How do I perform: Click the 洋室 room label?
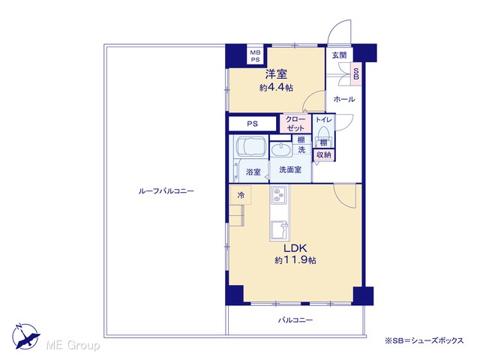pyautogui.click(x=276, y=73)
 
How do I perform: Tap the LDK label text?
pyautogui.click(x=295, y=247)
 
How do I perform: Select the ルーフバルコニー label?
pyautogui.click(x=166, y=191)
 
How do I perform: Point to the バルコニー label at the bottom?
pyautogui.click(x=295, y=320)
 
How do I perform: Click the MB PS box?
pyautogui.click(x=255, y=55)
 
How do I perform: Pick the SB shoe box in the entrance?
pyautogui.click(x=356, y=74)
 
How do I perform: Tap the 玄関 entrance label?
pyautogui.click(x=340, y=55)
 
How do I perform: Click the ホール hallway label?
pyautogui.click(x=344, y=99)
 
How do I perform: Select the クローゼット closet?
pyautogui.click(x=295, y=124)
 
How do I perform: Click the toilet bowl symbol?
pyautogui.click(x=323, y=133)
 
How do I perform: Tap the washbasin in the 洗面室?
pyautogui.click(x=281, y=149)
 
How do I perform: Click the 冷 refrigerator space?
pyautogui.click(x=241, y=195)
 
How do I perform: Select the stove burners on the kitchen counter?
pyautogui.click(x=279, y=195)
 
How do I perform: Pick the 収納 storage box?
pyautogui.click(x=323, y=155)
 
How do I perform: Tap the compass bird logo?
pyautogui.click(x=25, y=337)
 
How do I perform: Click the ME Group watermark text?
pyautogui.click(x=73, y=346)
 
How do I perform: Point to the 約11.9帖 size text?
pyautogui.click(x=295, y=260)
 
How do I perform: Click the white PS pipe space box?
pyautogui.click(x=253, y=124)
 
